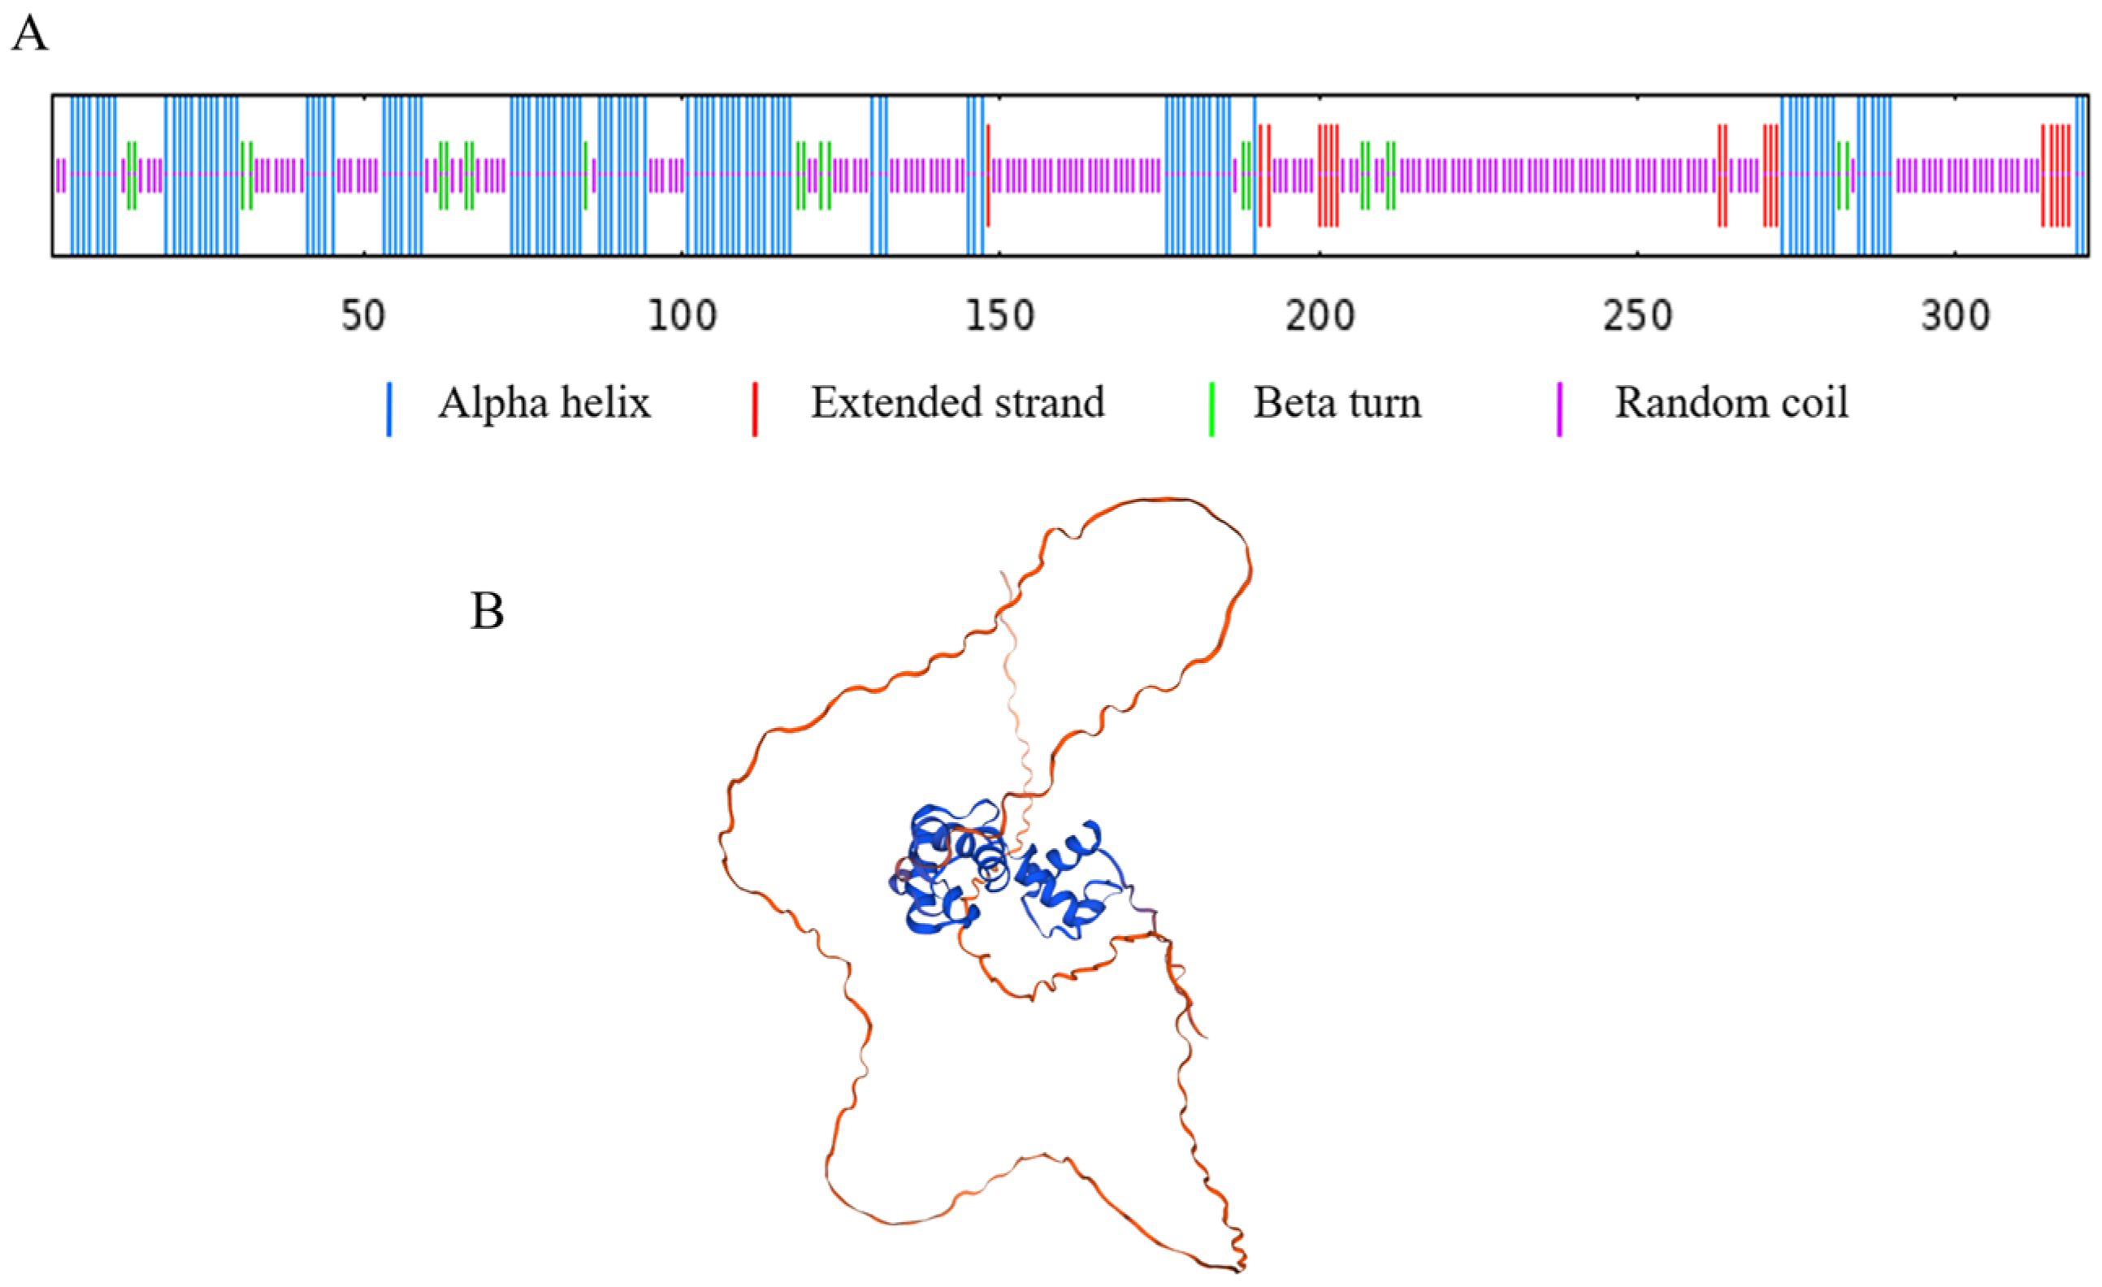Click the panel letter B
[x=488, y=612]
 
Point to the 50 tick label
[x=363, y=316]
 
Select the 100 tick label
[x=682, y=316]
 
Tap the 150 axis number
[x=1000, y=316]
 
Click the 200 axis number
[x=1320, y=316]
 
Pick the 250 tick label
[x=1637, y=316]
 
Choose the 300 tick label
[x=1955, y=316]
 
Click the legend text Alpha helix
[x=544, y=402]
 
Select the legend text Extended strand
[x=957, y=402]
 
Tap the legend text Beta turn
[x=1337, y=402]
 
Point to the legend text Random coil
[x=1731, y=402]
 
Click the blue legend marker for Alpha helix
[x=389, y=409]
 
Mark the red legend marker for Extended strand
[x=754, y=409]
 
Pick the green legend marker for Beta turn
[x=1211, y=409]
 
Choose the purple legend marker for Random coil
[x=1559, y=409]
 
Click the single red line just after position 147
[x=988, y=175]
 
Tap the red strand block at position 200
[x=1328, y=175]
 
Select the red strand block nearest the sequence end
[x=2055, y=175]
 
